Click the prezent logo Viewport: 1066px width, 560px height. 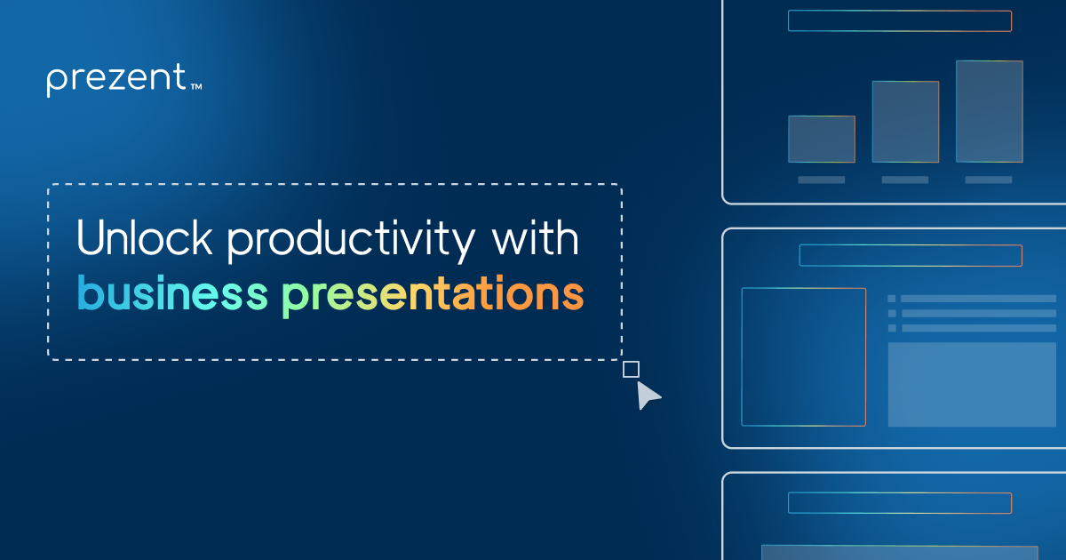click(x=115, y=80)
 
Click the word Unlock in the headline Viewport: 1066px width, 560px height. click(x=142, y=240)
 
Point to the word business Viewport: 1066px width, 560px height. click(x=171, y=294)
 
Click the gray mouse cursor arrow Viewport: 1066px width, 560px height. click(x=648, y=396)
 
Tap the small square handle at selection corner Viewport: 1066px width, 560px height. click(x=631, y=369)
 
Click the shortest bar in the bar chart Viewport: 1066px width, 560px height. click(x=821, y=140)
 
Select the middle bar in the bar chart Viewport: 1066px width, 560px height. click(x=905, y=122)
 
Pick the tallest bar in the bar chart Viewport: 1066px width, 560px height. click(x=989, y=111)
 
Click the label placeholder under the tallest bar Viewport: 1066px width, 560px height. click(x=989, y=180)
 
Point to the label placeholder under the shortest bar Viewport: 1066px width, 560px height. click(x=821, y=180)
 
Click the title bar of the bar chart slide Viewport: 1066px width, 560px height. click(x=899, y=21)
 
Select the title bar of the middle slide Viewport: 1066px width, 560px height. click(x=911, y=255)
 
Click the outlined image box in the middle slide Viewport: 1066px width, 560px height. click(x=803, y=356)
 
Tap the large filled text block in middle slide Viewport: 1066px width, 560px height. click(x=972, y=384)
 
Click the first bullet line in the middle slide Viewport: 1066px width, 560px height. click(x=977, y=299)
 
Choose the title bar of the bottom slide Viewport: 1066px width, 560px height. click(x=899, y=502)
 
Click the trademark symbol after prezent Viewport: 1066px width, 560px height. click(x=196, y=87)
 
